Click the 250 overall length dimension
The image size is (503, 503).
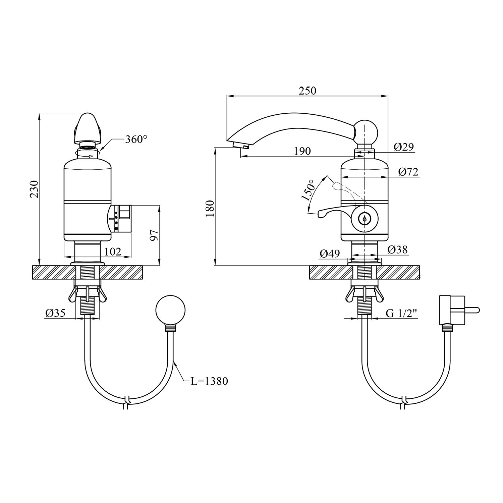(307, 91)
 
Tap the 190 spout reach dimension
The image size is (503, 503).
(302, 151)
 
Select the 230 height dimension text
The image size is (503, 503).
(34, 189)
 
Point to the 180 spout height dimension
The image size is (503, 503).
(209, 208)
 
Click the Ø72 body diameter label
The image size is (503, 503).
(408, 172)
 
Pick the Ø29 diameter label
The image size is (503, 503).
(404, 147)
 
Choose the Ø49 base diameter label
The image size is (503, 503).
(330, 254)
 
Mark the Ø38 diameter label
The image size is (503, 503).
(398, 249)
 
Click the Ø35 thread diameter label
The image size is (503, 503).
(55, 313)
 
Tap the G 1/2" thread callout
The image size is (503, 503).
(401, 314)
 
